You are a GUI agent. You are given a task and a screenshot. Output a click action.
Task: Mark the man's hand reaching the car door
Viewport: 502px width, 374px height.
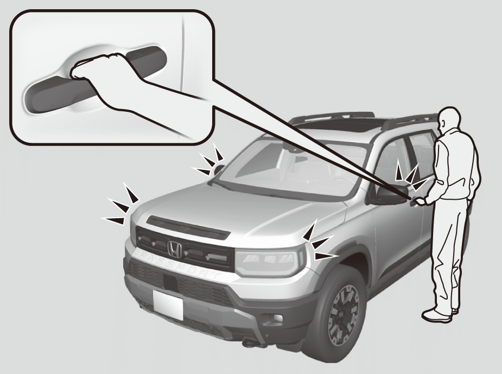(x=418, y=202)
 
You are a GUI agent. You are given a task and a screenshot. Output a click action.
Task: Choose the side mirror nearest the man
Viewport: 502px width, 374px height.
(x=390, y=194)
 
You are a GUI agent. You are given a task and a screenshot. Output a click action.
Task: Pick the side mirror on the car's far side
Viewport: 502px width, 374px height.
(x=219, y=169)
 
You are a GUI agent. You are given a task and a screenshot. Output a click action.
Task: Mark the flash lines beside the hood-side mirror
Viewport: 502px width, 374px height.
(x=211, y=161)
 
